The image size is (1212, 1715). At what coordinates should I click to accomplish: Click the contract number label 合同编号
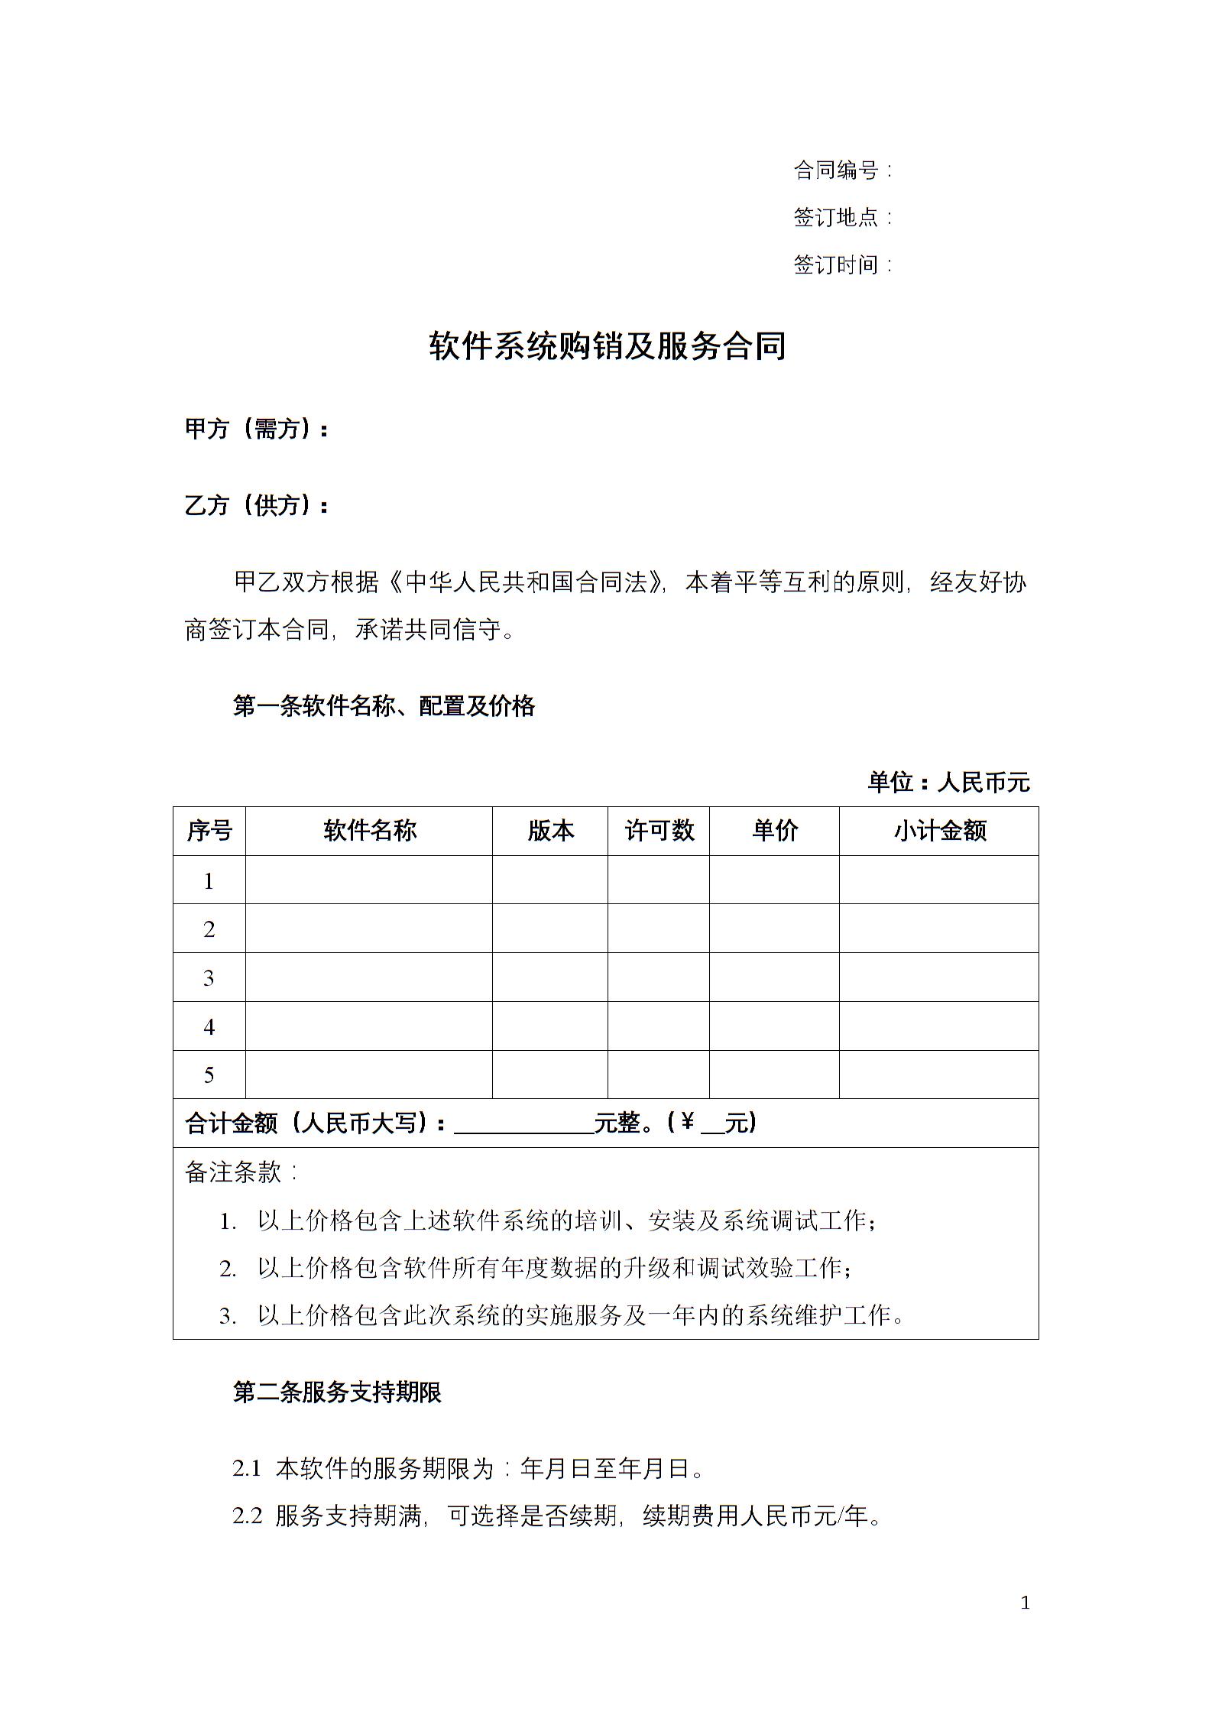coord(837,170)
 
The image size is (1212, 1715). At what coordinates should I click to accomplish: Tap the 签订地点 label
coord(837,218)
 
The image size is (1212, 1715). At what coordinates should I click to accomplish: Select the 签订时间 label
coord(837,265)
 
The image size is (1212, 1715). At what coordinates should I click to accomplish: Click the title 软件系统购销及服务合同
coord(607,346)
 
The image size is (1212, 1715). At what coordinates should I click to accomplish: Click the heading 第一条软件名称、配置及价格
coord(384,706)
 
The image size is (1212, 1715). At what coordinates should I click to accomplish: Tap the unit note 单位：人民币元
coord(948,782)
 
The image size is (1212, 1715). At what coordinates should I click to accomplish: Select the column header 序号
coord(209,831)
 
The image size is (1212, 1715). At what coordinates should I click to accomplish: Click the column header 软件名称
coord(369,831)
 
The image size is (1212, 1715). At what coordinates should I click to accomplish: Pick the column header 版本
coord(550,831)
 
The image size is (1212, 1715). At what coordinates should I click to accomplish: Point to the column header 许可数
coord(659,831)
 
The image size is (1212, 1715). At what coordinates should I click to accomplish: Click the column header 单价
coord(774,831)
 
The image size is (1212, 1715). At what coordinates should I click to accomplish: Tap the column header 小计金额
coord(939,831)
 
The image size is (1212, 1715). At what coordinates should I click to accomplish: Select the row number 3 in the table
coord(209,978)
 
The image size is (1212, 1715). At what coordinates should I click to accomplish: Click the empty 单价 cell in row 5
coord(774,1075)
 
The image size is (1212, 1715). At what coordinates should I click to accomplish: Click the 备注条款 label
coord(239,1172)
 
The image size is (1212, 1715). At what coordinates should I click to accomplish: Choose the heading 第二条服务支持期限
coord(337,1392)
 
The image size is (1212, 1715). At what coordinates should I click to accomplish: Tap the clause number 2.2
coord(247,1516)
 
